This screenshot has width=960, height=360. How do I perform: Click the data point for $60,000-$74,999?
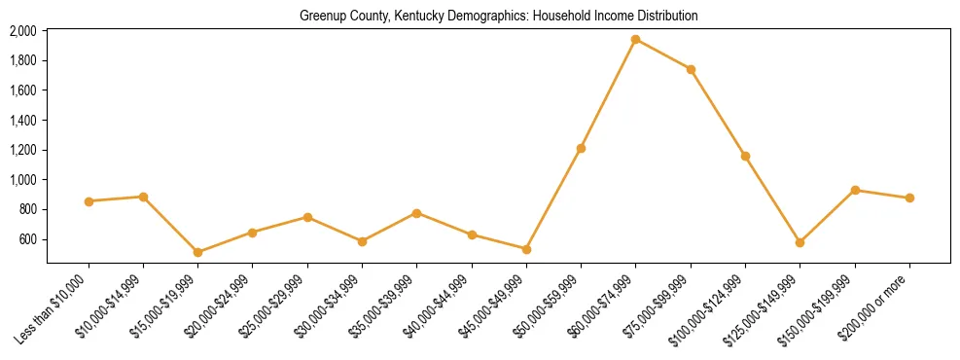coord(635,40)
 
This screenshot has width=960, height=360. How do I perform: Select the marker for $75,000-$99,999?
coord(691,69)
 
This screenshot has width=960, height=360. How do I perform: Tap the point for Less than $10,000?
coord(89,201)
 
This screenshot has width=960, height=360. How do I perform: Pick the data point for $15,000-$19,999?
coord(197,252)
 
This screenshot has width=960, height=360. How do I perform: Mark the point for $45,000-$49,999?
coord(526,249)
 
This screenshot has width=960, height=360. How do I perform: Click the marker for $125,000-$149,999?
coord(800,242)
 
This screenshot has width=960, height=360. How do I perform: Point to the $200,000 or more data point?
coord(909,198)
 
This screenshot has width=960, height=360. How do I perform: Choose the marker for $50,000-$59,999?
coord(581,148)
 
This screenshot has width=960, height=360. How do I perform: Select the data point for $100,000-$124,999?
coord(745,156)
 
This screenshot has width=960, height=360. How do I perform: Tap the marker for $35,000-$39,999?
coord(416,212)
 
